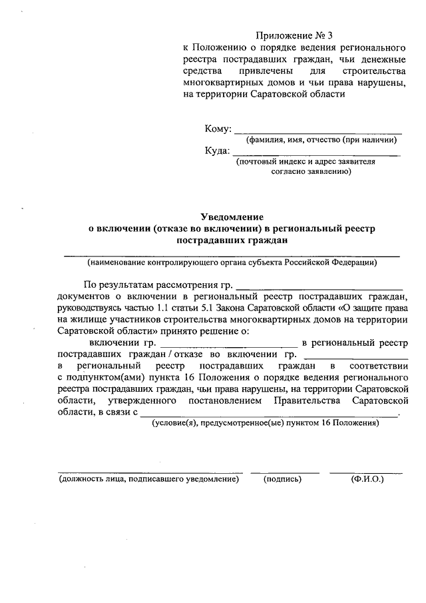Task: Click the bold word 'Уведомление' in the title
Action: pyautogui.click(x=232, y=217)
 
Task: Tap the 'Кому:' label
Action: pyautogui.click(x=218, y=128)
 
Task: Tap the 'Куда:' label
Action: pyautogui.click(x=218, y=151)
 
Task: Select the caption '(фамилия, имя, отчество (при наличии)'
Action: pyautogui.click(x=321, y=140)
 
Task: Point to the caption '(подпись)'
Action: pyautogui.click(x=283, y=478)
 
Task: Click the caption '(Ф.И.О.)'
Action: pyautogui.click(x=367, y=478)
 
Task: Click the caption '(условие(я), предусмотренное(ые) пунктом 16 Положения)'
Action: pyautogui.click(x=265, y=423)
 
